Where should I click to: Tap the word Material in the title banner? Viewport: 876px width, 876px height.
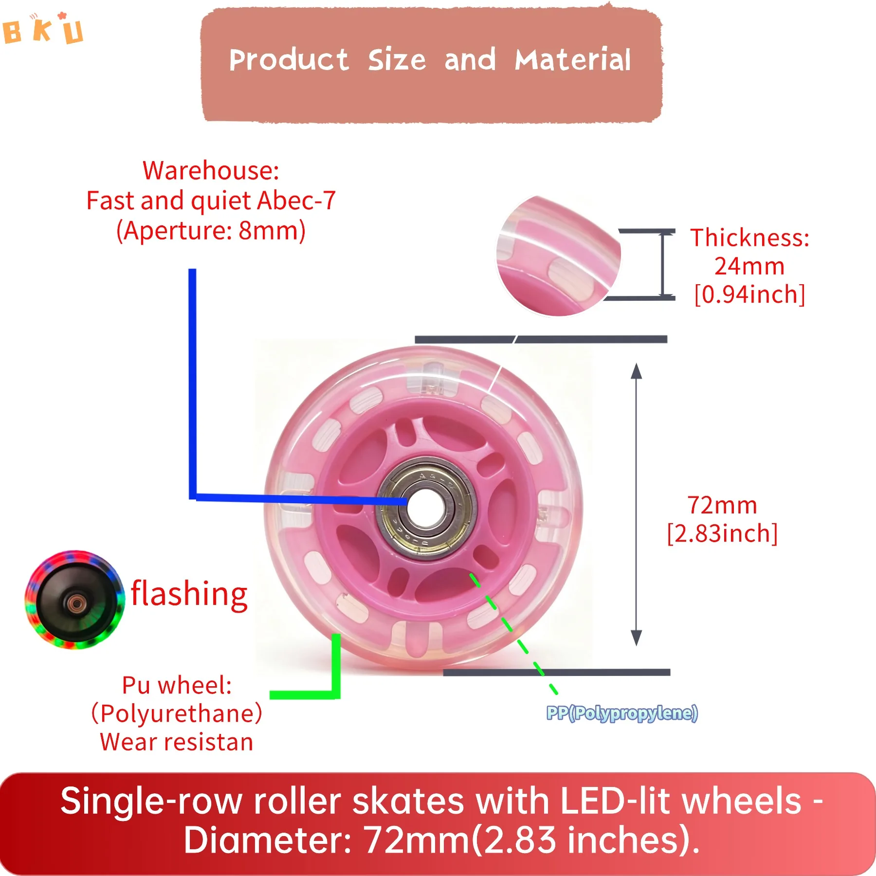tap(573, 60)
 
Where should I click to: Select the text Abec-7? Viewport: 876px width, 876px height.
tap(296, 201)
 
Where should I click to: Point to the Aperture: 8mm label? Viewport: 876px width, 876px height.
tap(211, 231)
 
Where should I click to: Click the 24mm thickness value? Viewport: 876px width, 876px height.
tap(749, 266)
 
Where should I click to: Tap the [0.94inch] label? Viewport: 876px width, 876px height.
tap(749, 294)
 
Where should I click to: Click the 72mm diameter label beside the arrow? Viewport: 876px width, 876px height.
tap(722, 505)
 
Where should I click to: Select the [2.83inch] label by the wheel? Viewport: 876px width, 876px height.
tap(722, 533)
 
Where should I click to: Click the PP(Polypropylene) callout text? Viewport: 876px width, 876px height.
tap(622, 713)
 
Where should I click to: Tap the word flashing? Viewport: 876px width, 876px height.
tap(189, 594)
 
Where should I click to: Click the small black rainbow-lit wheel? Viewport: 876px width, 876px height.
tap(74, 600)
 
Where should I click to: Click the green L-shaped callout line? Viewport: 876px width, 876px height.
tap(336, 681)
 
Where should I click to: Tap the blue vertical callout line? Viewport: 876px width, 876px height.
tap(192, 380)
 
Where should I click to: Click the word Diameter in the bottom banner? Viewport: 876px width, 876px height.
tap(267, 840)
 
